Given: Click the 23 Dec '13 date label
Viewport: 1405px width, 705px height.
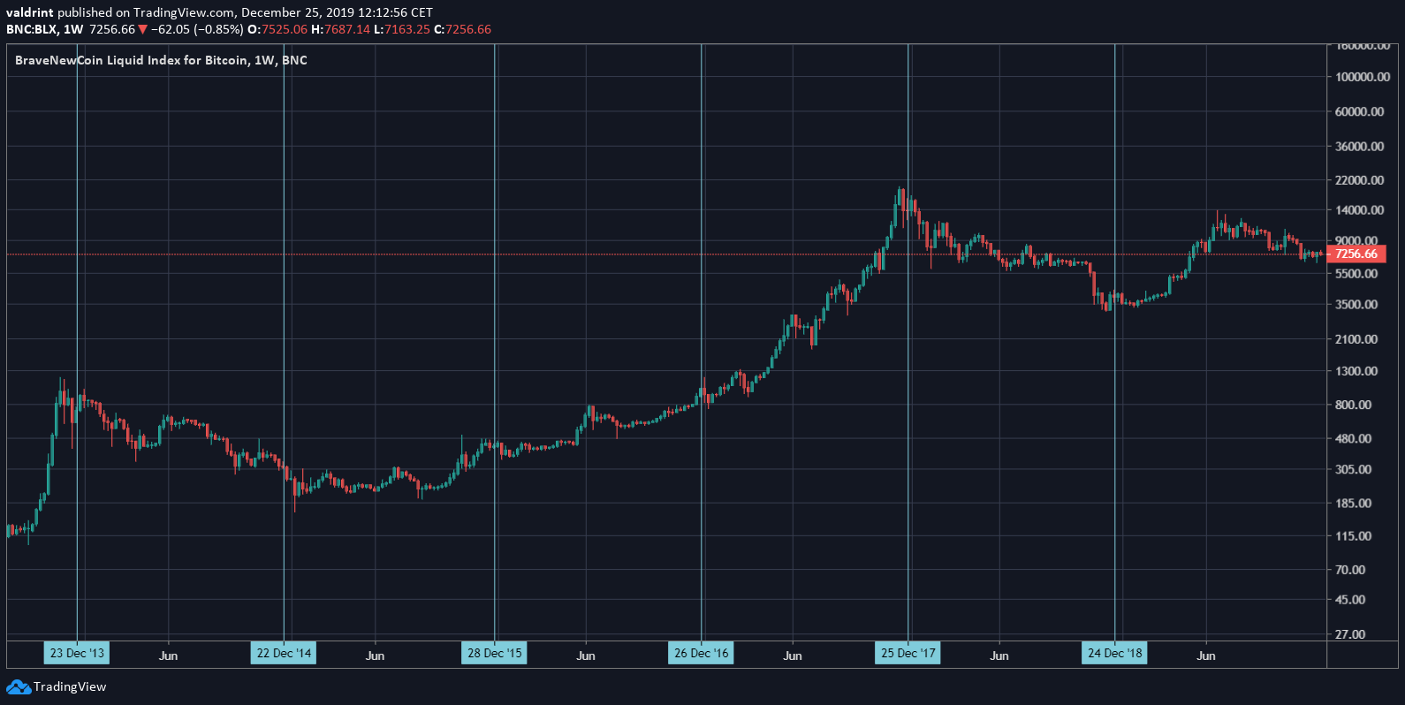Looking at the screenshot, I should point(77,654).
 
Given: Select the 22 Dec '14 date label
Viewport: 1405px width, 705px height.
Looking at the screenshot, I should point(284,654).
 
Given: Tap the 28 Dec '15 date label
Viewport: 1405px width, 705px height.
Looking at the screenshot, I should point(495,654).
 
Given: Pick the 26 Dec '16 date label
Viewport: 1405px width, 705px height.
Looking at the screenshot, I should point(702,654).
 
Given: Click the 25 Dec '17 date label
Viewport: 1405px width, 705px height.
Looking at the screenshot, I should point(908,654).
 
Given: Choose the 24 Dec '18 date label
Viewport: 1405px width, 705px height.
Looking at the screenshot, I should point(1115,654).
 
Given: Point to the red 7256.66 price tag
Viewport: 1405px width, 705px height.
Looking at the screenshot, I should point(1356,254).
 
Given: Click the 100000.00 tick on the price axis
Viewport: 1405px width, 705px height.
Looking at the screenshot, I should point(1362,77).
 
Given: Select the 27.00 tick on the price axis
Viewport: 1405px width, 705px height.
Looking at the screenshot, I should point(1350,634).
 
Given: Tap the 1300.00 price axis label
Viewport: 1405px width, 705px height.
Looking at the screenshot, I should point(1356,371).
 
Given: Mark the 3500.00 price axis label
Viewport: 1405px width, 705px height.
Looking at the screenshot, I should point(1356,304).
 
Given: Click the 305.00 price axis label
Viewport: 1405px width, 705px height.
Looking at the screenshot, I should point(1354,469).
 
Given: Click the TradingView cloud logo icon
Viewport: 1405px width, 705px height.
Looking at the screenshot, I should point(19,686).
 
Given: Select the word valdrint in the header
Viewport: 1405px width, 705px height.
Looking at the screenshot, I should point(29,12).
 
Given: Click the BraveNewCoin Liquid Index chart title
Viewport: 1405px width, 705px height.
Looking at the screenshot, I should point(161,60).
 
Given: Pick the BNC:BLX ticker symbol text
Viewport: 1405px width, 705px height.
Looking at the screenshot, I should point(32,29).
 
